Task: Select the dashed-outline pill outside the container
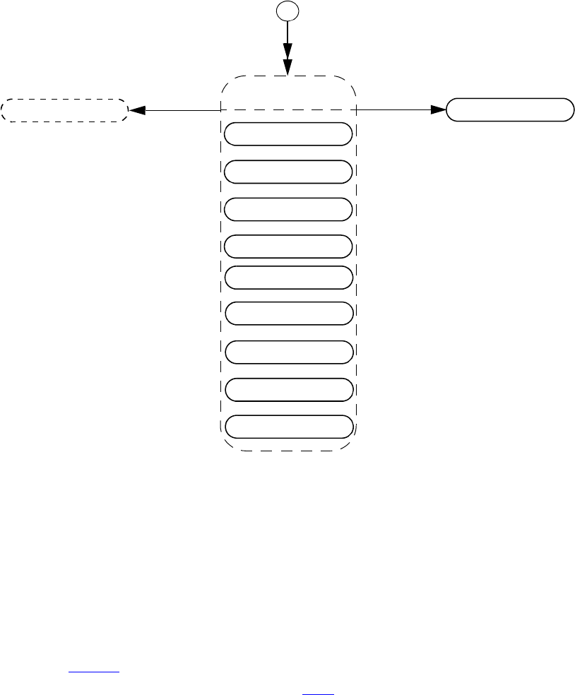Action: click(64, 110)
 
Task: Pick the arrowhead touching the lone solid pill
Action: click(438, 110)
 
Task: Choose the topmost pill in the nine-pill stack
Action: click(287, 133)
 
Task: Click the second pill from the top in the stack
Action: click(287, 172)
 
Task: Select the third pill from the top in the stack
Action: click(287, 209)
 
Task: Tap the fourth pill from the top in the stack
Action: click(287, 246)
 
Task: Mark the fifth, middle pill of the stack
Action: click(287, 278)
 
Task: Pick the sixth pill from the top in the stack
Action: click(287, 312)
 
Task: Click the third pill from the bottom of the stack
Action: click(287, 352)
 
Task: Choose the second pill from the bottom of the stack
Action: click(287, 389)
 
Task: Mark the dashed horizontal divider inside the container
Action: click(287, 110)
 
